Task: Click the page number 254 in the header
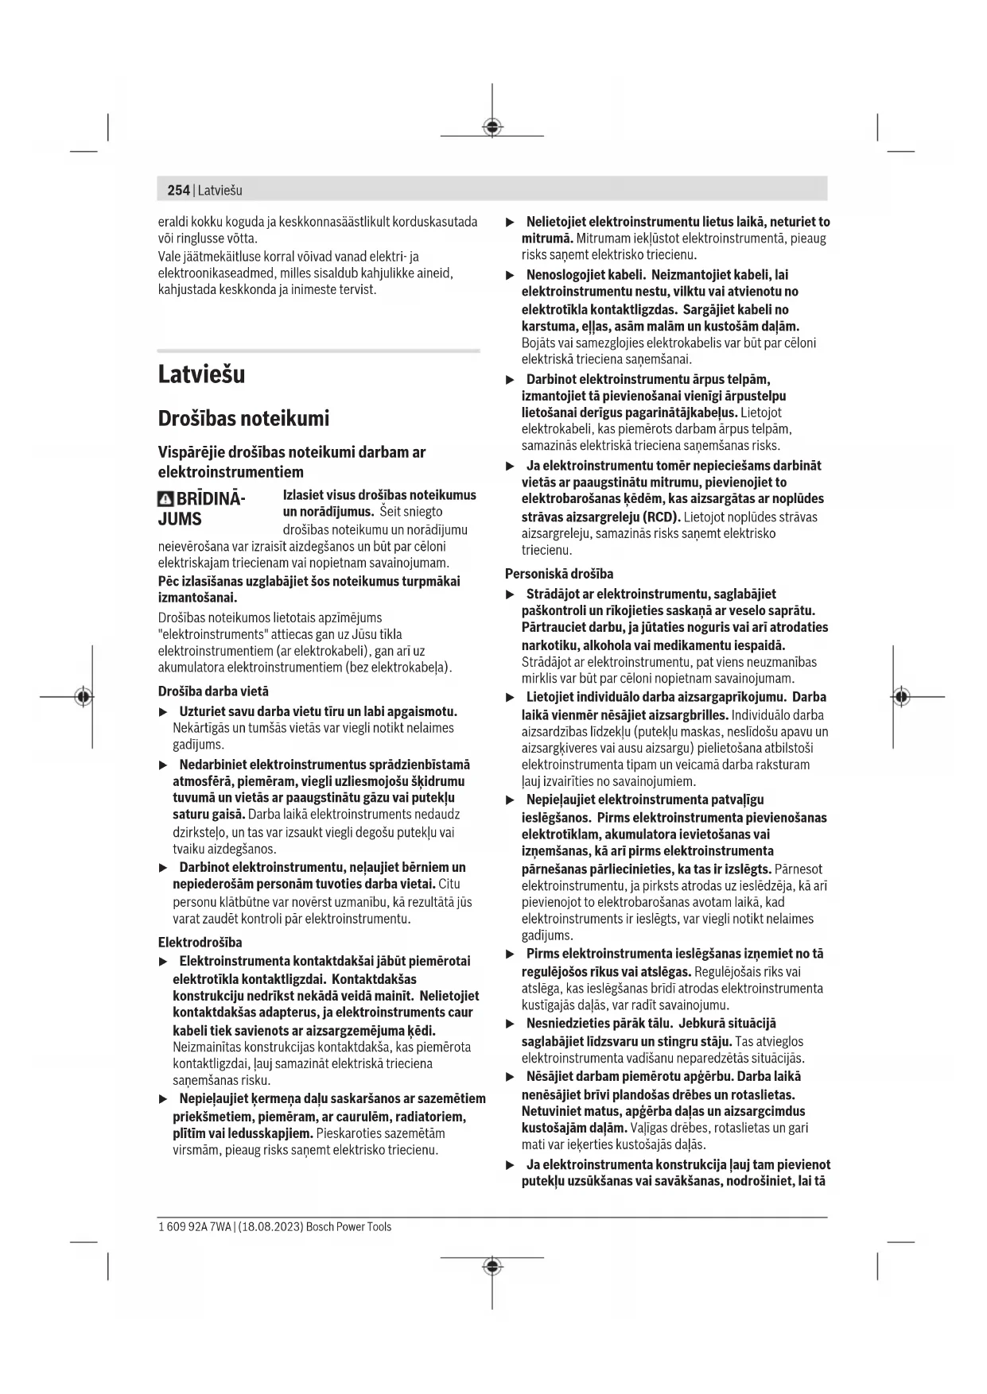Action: [x=178, y=190]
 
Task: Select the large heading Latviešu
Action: [x=201, y=374]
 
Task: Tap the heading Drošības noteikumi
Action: [x=243, y=418]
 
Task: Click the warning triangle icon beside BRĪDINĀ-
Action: [x=165, y=499]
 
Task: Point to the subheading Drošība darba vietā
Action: [x=213, y=691]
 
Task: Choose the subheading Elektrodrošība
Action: [x=200, y=943]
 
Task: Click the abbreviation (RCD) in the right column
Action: [x=662, y=517]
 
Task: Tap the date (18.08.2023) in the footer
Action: [x=270, y=1227]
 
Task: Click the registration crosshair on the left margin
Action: [x=84, y=696]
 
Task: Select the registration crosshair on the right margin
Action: [x=900, y=696]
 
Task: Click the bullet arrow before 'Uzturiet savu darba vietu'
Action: [x=164, y=712]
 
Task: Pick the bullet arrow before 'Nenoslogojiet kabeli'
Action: [x=511, y=275]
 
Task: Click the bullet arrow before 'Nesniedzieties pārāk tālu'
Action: [x=511, y=1024]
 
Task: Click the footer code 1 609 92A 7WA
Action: [x=195, y=1227]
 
